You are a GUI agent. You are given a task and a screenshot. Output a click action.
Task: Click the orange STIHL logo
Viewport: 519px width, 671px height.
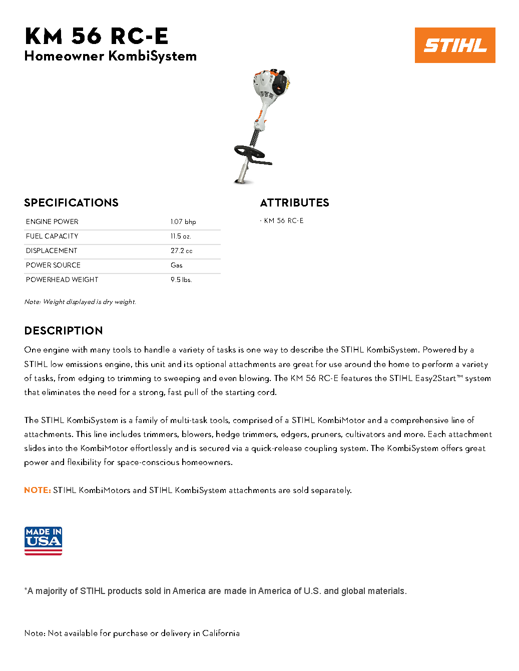(x=454, y=45)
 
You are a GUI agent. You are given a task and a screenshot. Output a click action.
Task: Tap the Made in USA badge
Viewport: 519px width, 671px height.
(x=43, y=540)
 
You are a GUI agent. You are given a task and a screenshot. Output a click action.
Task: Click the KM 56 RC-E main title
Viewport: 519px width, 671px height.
(x=96, y=36)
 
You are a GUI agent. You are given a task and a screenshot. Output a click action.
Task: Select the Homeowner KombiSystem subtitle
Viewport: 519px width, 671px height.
(x=110, y=56)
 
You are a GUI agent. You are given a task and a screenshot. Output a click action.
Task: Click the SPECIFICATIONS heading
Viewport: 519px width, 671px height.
(x=71, y=202)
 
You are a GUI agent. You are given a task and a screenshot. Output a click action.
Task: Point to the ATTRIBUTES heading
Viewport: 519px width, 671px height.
(x=294, y=202)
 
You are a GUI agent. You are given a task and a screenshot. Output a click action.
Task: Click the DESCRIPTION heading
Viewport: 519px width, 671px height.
(x=64, y=330)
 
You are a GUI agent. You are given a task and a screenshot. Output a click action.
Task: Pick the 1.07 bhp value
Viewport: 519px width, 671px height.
(x=183, y=221)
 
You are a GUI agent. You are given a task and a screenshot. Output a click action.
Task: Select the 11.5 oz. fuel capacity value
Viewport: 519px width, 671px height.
(x=181, y=236)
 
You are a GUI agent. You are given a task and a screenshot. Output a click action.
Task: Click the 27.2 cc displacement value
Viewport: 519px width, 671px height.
(x=181, y=250)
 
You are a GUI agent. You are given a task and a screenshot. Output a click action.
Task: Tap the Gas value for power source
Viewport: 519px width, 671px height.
(x=177, y=265)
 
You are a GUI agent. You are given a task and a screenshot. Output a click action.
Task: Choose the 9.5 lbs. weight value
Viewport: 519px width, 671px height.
(x=181, y=279)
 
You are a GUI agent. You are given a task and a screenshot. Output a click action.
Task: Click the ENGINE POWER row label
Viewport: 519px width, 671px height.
(x=52, y=221)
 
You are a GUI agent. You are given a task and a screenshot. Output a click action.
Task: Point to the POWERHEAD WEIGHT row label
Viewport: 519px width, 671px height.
(x=62, y=279)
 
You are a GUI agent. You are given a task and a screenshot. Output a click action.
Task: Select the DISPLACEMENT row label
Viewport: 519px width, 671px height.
(x=52, y=250)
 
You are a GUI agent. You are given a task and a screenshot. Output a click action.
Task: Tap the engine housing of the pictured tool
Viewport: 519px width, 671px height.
(x=272, y=85)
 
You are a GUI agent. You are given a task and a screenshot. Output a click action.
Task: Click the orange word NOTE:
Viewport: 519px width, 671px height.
(x=38, y=490)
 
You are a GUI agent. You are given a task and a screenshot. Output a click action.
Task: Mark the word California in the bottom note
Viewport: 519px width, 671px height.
(x=221, y=633)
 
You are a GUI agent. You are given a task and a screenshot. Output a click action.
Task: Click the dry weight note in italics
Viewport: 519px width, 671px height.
(x=80, y=301)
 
